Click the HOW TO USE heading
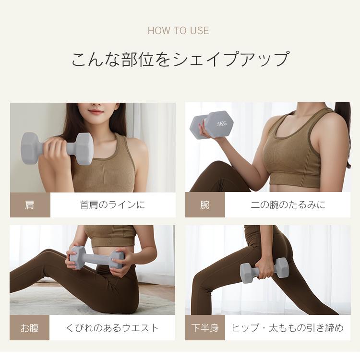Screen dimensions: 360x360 click(178, 31)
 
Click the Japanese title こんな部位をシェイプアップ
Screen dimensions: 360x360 click(180, 60)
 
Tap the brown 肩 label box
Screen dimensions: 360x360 click(30, 205)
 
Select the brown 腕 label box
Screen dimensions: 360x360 click(205, 205)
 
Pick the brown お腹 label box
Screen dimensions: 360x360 click(30, 328)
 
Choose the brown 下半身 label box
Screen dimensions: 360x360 click(205, 328)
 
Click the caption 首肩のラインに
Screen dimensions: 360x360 click(112, 205)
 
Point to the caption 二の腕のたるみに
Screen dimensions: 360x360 click(288, 205)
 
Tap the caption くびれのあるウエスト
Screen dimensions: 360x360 click(112, 328)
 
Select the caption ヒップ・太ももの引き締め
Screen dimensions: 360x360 click(288, 328)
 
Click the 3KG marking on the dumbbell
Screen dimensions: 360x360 click(222, 124)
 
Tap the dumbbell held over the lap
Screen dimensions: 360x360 click(96, 258)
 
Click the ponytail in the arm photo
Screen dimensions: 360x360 click(345, 130)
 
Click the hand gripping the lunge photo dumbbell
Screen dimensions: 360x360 click(265, 269)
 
